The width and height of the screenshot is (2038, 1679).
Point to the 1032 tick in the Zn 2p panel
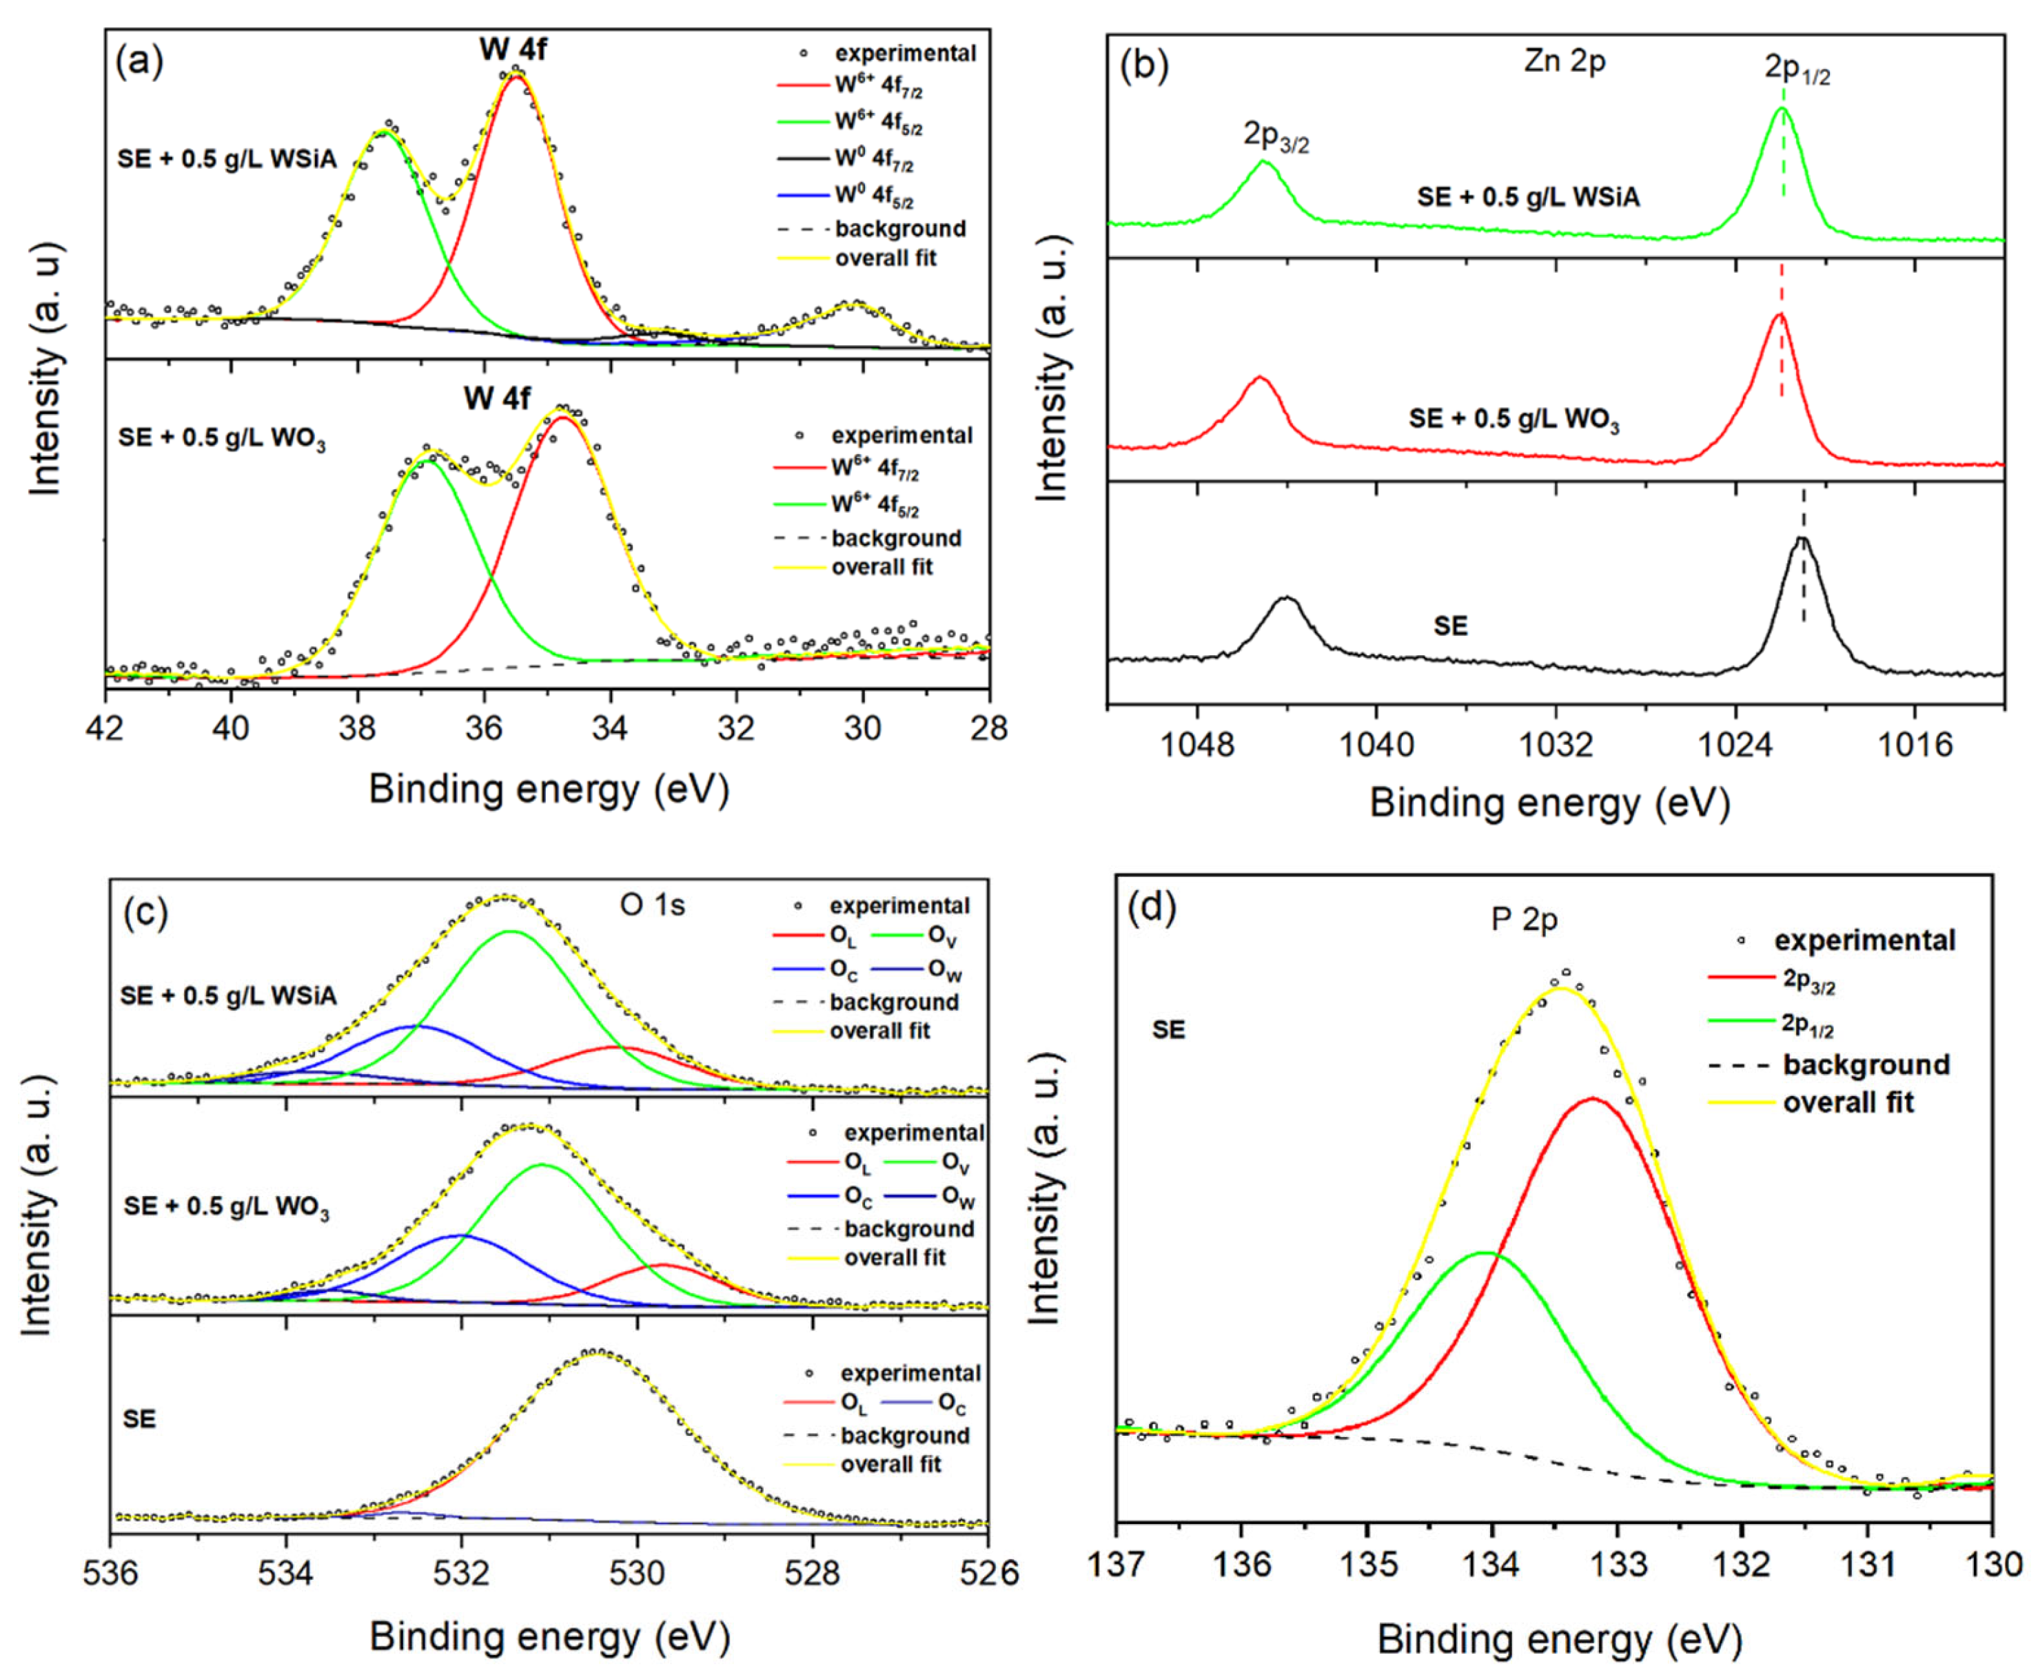click(1556, 745)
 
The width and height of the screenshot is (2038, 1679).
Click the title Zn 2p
click(1564, 61)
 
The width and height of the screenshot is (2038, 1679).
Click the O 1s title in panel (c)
click(652, 905)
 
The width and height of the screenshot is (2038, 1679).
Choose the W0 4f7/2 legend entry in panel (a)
click(873, 158)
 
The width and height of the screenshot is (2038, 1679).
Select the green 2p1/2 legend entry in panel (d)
click(1807, 1024)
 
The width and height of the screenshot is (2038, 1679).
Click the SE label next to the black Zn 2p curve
click(1450, 626)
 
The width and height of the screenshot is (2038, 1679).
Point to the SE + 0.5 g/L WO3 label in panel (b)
click(1514, 419)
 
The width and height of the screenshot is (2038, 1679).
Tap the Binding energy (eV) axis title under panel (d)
click(1559, 1639)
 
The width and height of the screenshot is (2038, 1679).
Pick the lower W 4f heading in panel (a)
click(496, 398)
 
